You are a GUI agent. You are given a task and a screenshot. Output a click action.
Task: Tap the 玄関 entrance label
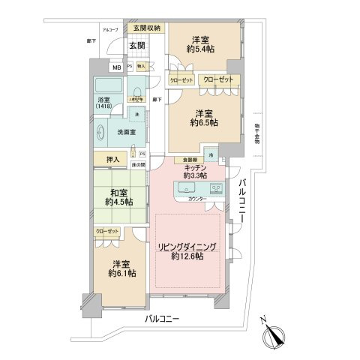[x=136, y=45]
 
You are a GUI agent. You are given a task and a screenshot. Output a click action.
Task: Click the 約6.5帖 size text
[x=202, y=122]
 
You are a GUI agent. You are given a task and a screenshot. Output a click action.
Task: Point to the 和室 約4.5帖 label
[x=118, y=196]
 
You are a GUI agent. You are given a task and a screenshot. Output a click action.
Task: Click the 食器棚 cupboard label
[x=186, y=160]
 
